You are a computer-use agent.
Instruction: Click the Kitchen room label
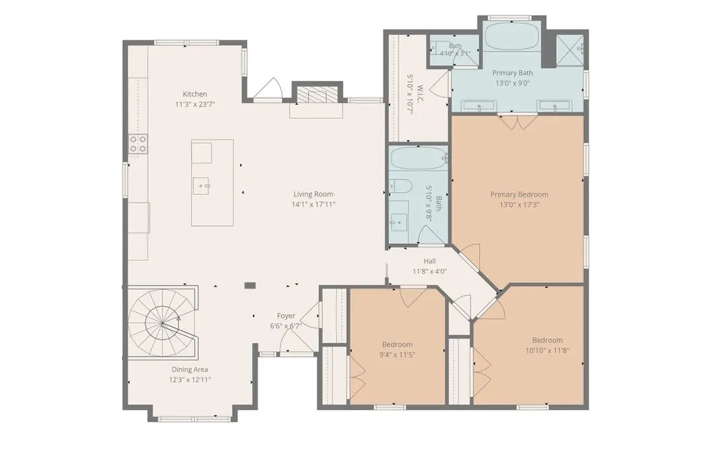coord(195,94)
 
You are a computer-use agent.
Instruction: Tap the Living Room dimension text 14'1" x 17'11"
coord(313,204)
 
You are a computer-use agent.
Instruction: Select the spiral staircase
coord(162,323)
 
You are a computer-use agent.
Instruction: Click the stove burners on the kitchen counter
coord(138,144)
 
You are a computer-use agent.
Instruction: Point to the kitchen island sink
coord(201,185)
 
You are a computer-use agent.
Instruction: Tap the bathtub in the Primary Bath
coord(512,40)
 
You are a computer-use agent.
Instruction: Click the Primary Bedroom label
coord(519,194)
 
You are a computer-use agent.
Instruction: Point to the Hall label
coord(430,261)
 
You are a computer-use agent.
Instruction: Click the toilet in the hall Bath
coord(400,186)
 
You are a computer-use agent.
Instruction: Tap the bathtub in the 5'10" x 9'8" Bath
coord(418,158)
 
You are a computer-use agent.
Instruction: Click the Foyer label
coord(285,316)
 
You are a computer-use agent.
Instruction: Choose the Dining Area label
coord(190,370)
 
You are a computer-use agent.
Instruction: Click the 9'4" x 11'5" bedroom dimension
coord(397,355)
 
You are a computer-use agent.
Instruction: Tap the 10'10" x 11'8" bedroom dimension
coord(547,350)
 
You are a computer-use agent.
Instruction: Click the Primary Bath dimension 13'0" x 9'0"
coord(512,83)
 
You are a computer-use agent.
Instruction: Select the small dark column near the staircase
coord(250,285)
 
